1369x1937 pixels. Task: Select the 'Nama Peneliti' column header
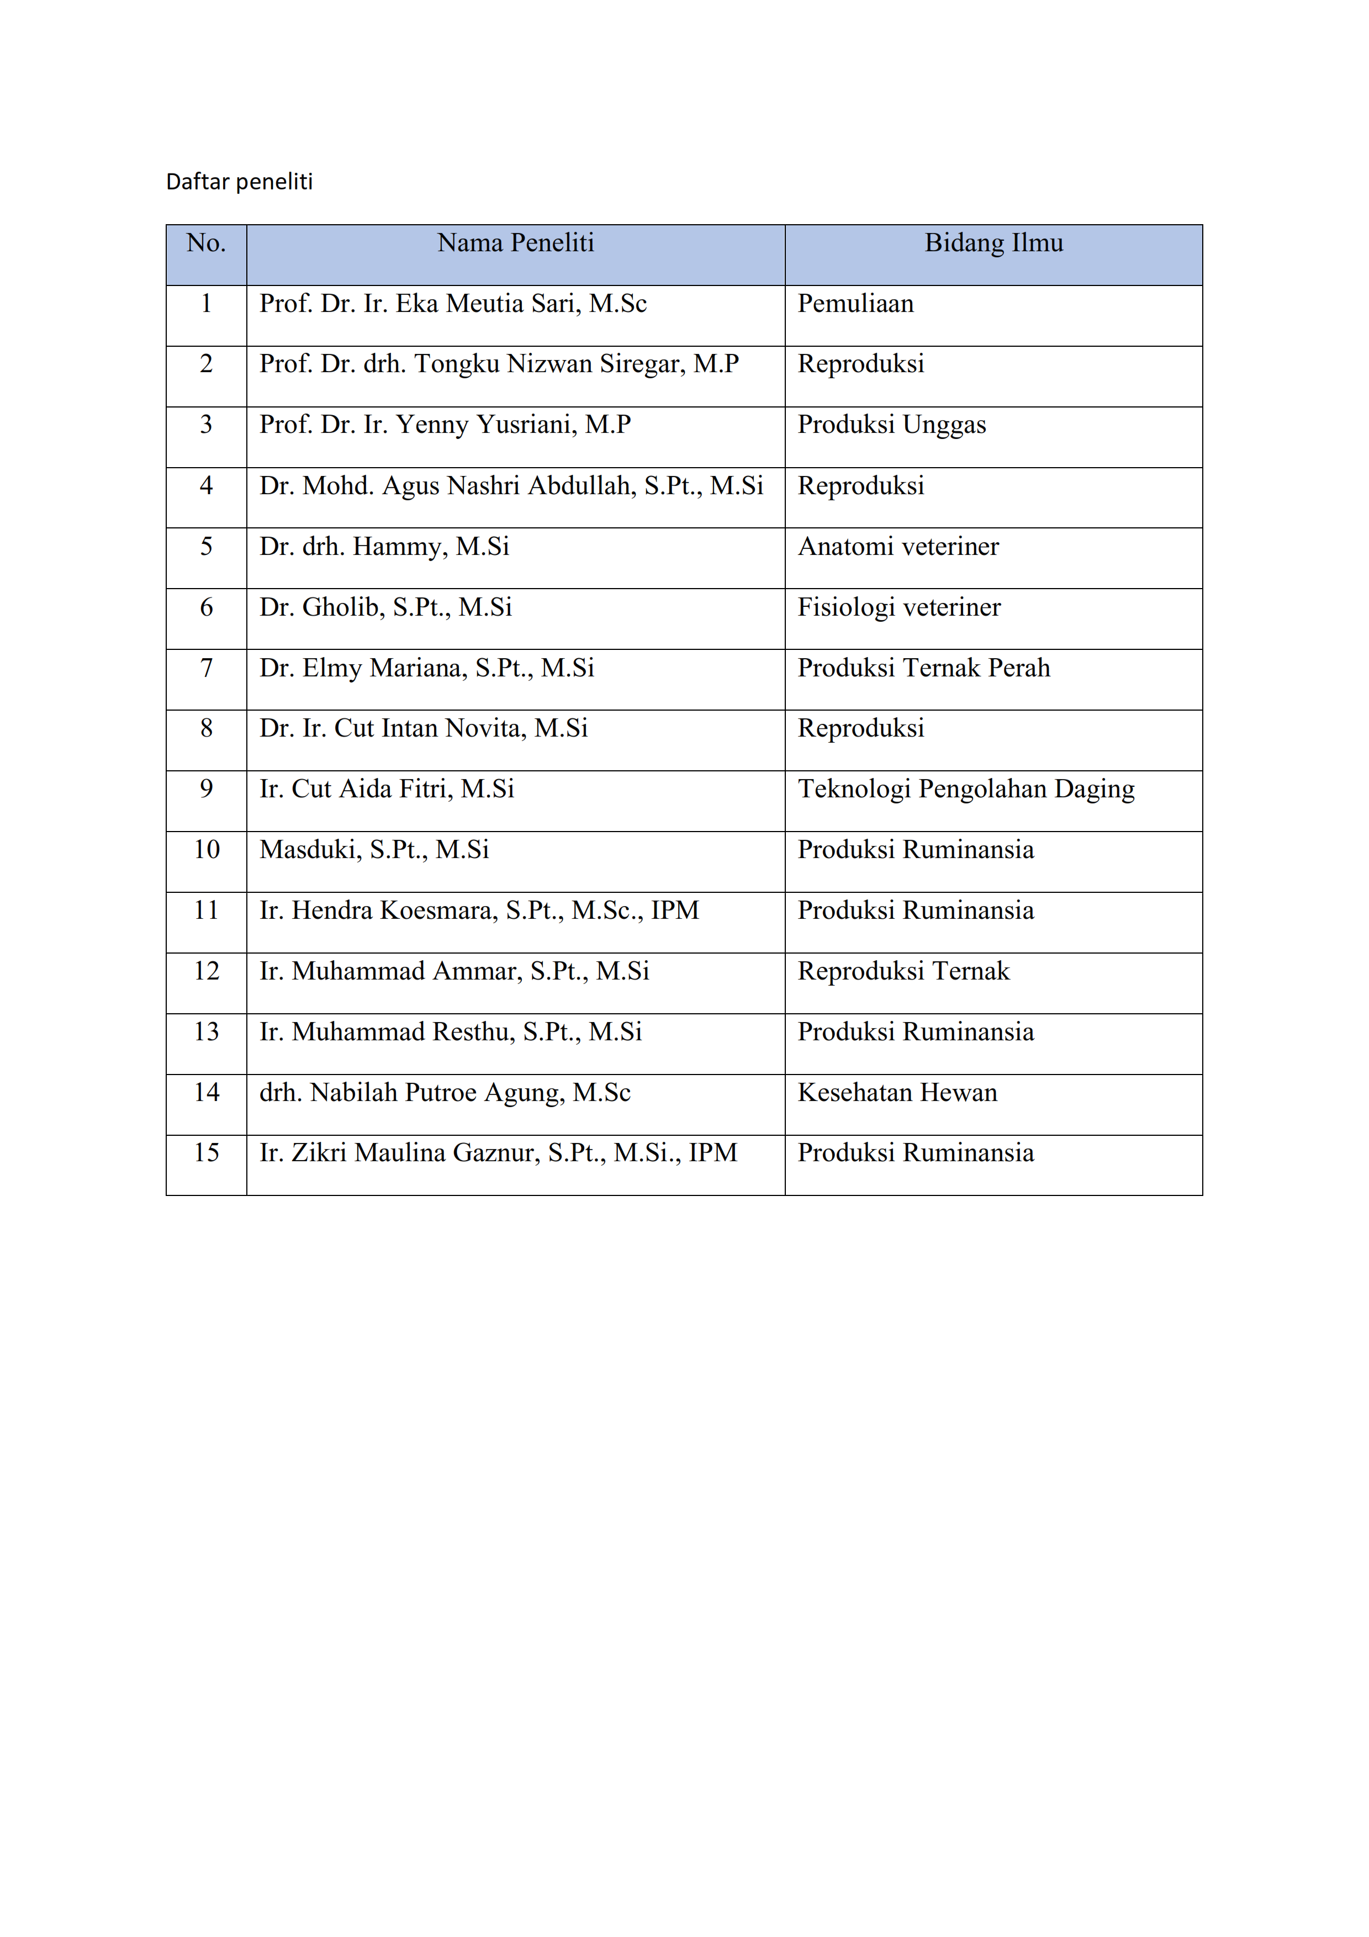point(515,243)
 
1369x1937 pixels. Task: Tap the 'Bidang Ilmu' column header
point(993,243)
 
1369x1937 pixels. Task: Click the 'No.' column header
point(206,243)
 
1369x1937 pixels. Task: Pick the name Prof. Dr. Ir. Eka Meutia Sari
point(453,304)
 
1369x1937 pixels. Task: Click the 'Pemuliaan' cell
point(855,304)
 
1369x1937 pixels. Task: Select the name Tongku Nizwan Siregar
point(499,364)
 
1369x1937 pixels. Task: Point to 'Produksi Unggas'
point(891,425)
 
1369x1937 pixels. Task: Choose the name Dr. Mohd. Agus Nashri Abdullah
point(511,486)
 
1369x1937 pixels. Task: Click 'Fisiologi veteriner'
point(898,607)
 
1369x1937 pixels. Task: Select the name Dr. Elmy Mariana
point(427,668)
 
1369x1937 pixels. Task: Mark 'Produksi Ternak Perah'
point(924,668)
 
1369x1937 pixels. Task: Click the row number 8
point(206,728)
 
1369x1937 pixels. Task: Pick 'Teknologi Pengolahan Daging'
point(966,789)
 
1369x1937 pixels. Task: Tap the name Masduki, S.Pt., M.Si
point(374,850)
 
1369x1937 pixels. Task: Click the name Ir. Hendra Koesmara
point(479,911)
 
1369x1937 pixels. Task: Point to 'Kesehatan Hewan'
point(897,1093)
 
